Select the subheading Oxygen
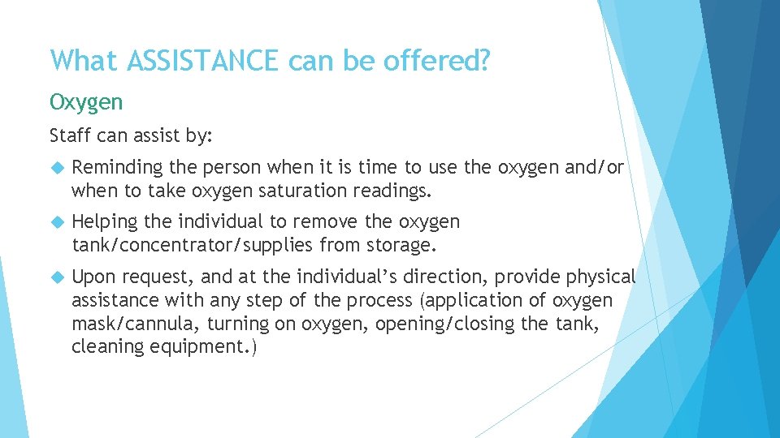pyautogui.click(x=86, y=103)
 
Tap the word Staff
pyautogui.click(x=69, y=136)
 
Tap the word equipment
pyautogui.click(x=190, y=347)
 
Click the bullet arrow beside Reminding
pyautogui.click(x=56, y=168)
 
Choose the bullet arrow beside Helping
pyautogui.click(x=56, y=222)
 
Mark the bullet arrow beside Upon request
pyautogui.click(x=56, y=277)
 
